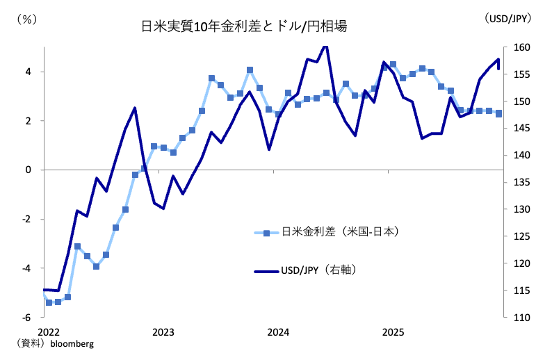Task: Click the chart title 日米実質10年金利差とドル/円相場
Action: (x=244, y=27)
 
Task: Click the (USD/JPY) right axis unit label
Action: (x=508, y=19)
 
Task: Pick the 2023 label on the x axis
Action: (x=163, y=332)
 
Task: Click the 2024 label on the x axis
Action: (x=278, y=332)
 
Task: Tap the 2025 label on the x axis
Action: (x=393, y=332)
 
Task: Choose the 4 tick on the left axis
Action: (x=29, y=72)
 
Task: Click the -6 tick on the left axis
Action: (x=26, y=318)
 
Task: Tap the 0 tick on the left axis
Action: (x=29, y=170)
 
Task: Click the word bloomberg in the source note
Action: (x=72, y=344)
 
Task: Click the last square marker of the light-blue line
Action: (x=499, y=114)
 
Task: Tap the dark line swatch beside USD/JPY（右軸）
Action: (x=267, y=270)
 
